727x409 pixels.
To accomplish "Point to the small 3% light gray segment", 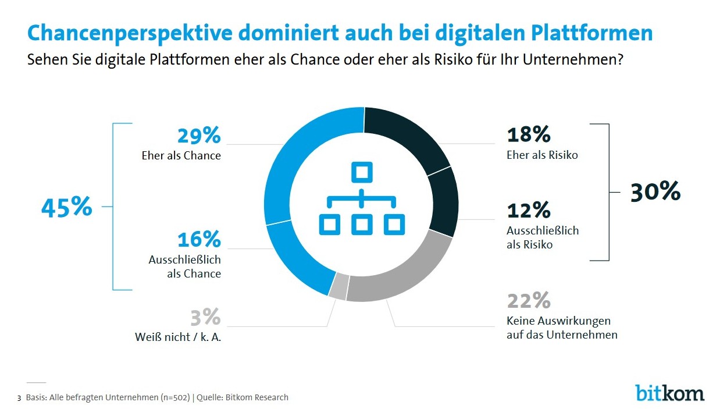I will click(338, 288).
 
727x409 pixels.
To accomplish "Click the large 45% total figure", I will click(66, 207).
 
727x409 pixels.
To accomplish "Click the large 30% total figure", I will click(655, 191).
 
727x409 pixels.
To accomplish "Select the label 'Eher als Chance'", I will click(181, 155).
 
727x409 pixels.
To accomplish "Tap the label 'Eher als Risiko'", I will click(543, 155).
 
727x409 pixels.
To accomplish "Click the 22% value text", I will click(529, 301).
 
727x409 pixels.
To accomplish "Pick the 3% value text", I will click(205, 317).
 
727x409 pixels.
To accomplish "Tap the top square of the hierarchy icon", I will click(361, 173).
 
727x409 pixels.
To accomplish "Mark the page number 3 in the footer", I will click(19, 399).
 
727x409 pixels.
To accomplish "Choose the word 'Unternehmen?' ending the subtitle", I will click(580, 59).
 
